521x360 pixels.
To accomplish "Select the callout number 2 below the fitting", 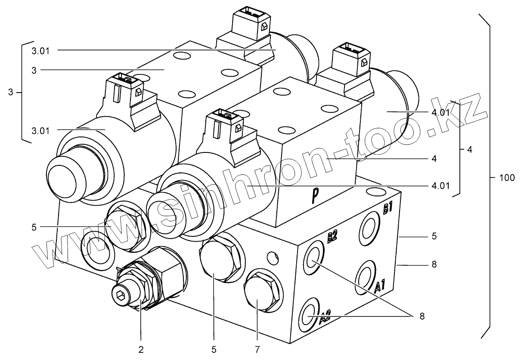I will coord(141,349).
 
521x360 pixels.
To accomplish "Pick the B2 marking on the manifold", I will coord(332,238).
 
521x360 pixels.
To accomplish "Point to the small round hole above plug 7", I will coord(272,258).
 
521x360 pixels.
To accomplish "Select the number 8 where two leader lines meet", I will coord(422,316).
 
